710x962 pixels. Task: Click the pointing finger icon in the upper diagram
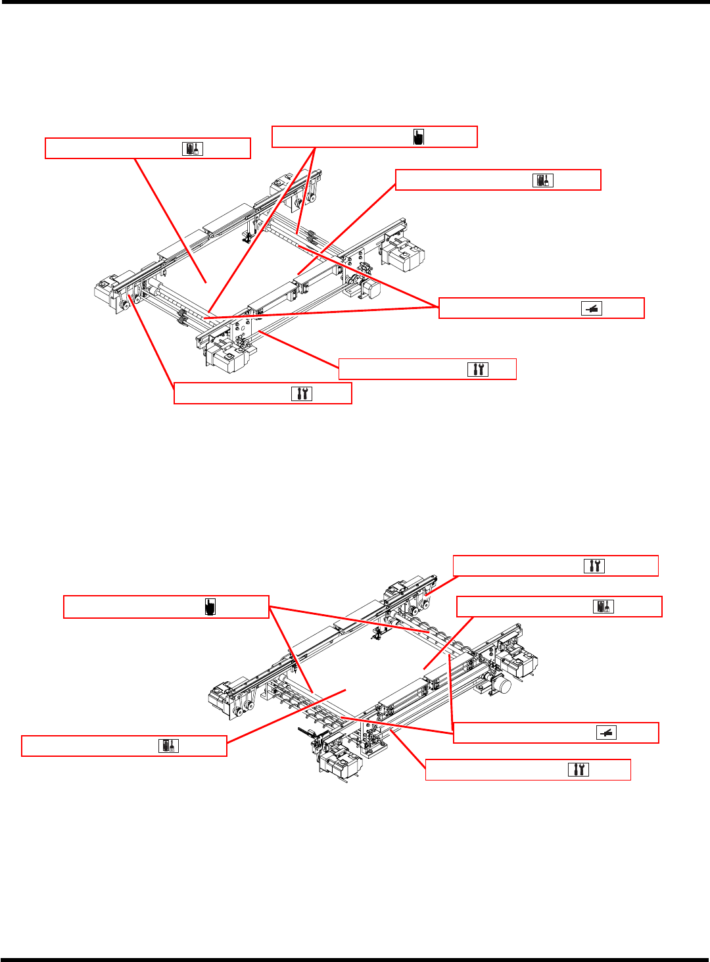(419, 137)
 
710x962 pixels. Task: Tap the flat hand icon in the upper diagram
(592, 308)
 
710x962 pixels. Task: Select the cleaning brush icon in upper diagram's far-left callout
(193, 149)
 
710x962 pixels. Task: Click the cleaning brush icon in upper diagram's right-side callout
(543, 180)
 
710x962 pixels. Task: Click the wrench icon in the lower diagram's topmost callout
(594, 565)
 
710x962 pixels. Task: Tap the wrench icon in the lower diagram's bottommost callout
(579, 769)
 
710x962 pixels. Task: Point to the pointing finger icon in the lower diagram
(210, 606)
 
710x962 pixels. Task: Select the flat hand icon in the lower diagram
(606, 733)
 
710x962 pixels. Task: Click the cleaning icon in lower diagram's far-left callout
(168, 746)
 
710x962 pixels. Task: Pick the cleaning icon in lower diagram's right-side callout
(603, 606)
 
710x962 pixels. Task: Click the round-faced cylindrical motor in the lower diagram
(502, 686)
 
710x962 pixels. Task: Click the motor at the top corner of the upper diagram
(281, 181)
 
